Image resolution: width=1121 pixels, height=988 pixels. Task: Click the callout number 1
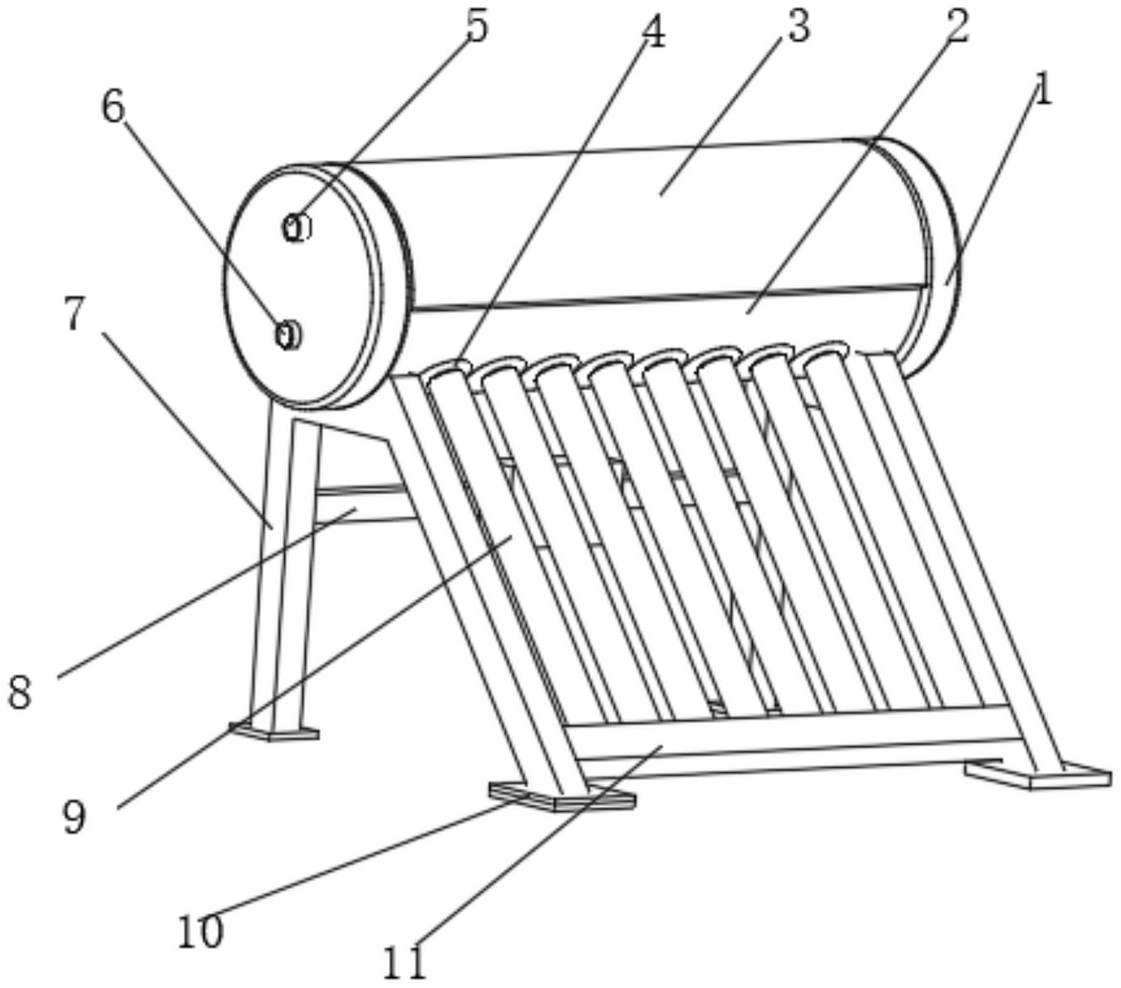pos(1042,92)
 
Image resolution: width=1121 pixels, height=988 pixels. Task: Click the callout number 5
pos(478,26)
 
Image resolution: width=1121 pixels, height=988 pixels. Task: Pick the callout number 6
pos(113,106)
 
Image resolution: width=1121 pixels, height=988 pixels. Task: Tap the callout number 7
pos(74,312)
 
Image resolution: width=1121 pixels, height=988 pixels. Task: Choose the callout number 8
pos(19,692)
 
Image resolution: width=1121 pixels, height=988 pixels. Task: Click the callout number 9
pos(74,817)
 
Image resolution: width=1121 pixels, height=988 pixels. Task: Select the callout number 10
pos(200,930)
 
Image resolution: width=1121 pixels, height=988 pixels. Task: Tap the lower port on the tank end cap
pos(288,335)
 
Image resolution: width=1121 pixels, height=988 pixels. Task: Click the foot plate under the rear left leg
pos(274,732)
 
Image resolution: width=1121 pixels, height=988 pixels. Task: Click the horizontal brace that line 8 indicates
pos(364,505)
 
